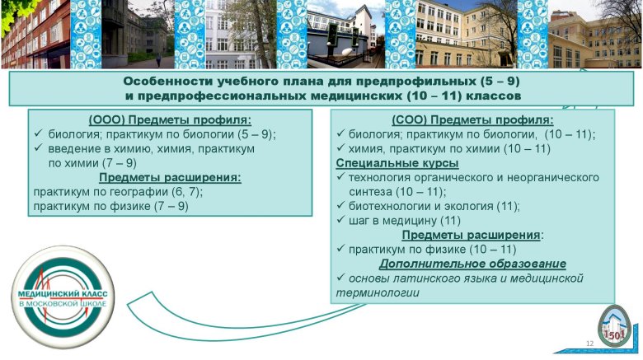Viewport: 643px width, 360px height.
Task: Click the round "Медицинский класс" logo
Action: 63,297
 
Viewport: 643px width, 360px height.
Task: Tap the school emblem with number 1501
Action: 614,326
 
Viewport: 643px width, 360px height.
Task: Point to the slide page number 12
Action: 590,344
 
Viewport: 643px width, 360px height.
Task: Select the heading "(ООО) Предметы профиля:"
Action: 170,120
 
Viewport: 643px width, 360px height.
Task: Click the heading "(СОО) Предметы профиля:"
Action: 472,120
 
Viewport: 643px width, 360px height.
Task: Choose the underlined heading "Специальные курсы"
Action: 397,163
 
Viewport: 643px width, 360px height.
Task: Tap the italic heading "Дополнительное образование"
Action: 472,264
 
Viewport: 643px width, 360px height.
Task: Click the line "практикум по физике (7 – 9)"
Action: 110,206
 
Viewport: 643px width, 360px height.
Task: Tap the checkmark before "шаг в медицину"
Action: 340,220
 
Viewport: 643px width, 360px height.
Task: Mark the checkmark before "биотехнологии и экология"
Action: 340,205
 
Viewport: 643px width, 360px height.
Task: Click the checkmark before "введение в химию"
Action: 39,147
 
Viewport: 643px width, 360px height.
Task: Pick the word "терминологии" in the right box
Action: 378,292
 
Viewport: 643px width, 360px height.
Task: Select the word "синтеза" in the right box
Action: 370,192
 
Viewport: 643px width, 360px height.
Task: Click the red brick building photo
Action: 35,34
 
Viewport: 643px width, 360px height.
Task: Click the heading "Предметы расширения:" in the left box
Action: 170,178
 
